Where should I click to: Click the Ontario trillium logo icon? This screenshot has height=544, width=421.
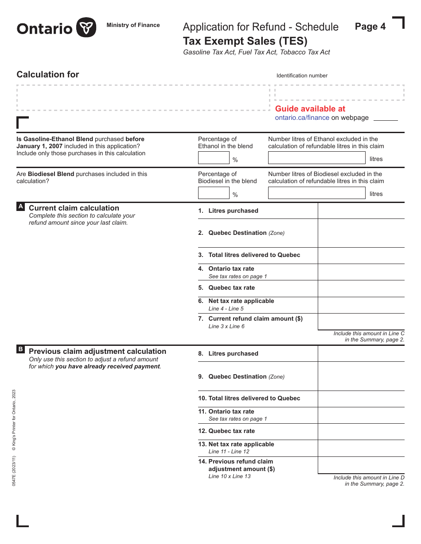(86, 28)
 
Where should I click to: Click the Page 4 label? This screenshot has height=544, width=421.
(370, 27)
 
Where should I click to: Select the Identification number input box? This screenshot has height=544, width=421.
(339, 93)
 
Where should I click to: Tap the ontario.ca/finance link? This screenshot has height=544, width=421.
(302, 118)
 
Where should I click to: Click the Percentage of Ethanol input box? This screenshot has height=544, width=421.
(214, 158)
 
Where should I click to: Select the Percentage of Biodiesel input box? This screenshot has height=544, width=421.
(214, 193)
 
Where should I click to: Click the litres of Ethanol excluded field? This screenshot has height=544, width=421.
(317, 158)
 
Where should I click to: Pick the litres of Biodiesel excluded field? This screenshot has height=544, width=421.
(317, 193)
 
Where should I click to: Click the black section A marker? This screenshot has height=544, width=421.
(20, 207)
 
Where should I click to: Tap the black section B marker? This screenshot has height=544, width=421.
(20, 349)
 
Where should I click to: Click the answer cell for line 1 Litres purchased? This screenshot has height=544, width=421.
(361, 211)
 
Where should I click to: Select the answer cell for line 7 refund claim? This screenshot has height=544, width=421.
(361, 322)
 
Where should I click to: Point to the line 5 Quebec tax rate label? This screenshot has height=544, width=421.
(231, 287)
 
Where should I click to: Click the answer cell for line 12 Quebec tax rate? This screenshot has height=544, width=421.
(361, 432)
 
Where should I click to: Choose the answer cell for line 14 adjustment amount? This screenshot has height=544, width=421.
(361, 465)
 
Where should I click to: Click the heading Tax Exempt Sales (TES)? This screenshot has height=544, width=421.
(245, 41)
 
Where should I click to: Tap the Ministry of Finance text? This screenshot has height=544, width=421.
(133, 25)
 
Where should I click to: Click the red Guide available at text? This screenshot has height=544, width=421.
(310, 109)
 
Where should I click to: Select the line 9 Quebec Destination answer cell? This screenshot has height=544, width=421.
(361, 376)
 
